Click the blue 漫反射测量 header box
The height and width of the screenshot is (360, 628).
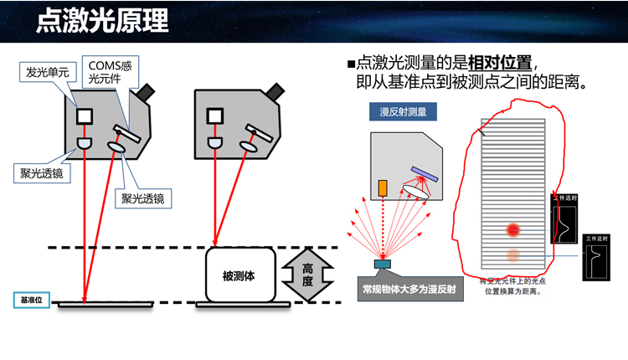click(403, 113)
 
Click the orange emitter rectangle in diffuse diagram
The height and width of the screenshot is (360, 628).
click(382, 188)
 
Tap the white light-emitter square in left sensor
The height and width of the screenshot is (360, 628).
click(85, 116)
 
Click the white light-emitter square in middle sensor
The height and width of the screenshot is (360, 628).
click(215, 116)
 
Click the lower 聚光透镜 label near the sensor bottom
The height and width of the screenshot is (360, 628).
click(142, 198)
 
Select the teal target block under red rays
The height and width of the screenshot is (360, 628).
click(383, 265)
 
